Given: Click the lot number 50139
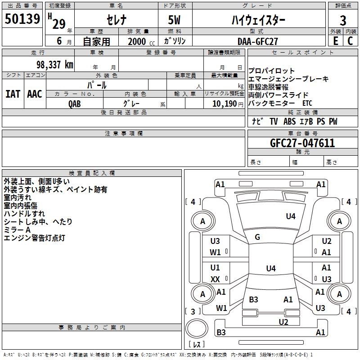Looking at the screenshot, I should tap(22, 19).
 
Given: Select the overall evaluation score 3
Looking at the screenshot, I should tap(343, 20).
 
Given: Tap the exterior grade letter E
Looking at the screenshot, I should tap(335, 41).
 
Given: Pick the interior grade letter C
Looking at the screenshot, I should tap(350, 41).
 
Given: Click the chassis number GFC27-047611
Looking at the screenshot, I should tap(302, 143).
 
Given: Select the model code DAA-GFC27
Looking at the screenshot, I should tap(258, 41).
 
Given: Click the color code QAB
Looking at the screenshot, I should tap(75, 103).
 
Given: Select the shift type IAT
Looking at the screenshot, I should tap(13, 94).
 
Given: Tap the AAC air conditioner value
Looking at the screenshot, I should tap(35, 94).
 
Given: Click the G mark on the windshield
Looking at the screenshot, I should tap(257, 237).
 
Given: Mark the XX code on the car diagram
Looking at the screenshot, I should tap(215, 279).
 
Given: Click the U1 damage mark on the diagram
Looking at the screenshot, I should tap(215, 268).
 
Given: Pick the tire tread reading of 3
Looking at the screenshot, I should tap(193, 311).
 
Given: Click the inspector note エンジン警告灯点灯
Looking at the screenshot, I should tap(35, 238).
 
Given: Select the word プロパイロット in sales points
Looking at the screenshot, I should tap(271, 71).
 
